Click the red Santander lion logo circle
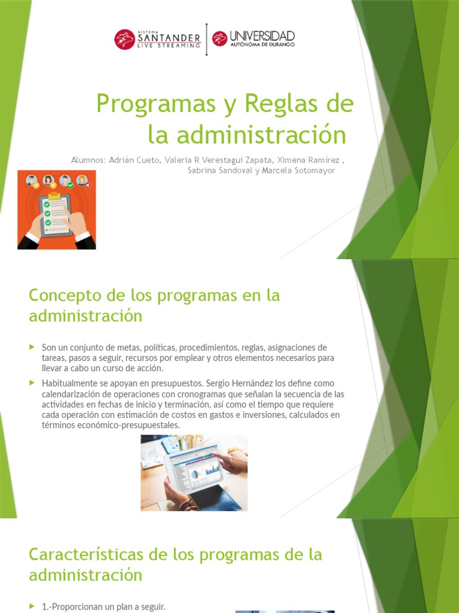(124, 40)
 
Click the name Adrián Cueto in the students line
(130, 160)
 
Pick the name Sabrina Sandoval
(218, 171)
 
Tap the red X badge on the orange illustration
(88, 186)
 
